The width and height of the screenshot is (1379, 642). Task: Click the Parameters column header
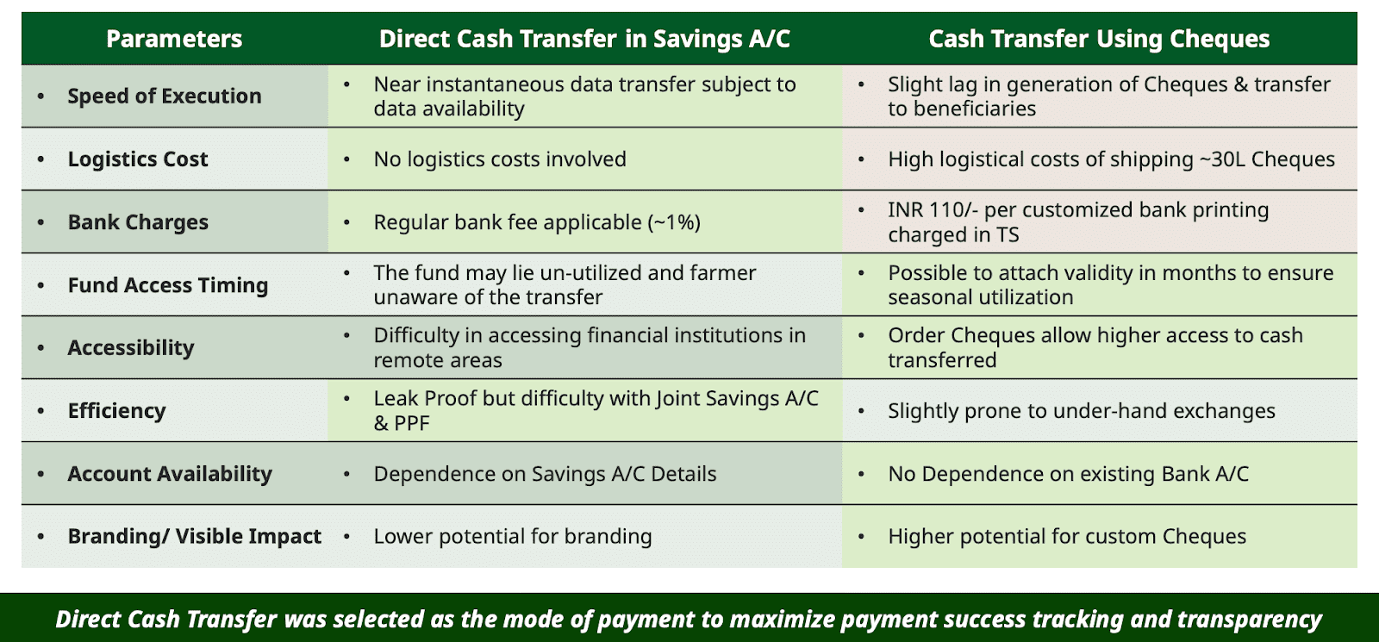(x=174, y=39)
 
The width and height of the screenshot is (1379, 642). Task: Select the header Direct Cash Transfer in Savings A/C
(x=584, y=39)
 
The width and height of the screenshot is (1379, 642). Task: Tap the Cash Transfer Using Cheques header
(x=1099, y=39)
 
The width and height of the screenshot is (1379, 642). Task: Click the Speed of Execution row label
(x=165, y=96)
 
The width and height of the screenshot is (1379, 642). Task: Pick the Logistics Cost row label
(x=138, y=159)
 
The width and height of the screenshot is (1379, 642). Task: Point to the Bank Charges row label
(x=138, y=221)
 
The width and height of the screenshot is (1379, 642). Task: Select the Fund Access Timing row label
(x=168, y=285)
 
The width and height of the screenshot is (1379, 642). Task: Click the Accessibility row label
(x=130, y=348)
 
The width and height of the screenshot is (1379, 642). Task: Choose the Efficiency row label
(x=117, y=410)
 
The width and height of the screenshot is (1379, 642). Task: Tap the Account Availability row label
(x=170, y=473)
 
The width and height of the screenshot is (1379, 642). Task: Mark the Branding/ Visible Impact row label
(x=195, y=536)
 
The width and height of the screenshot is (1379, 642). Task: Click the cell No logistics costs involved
(x=500, y=159)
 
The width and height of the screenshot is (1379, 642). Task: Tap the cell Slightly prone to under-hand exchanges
(x=1081, y=410)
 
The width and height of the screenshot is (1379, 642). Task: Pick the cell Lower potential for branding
(x=513, y=536)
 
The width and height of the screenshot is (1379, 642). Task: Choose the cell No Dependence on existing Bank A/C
(x=1068, y=473)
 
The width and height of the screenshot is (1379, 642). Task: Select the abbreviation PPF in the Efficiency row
(x=410, y=423)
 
